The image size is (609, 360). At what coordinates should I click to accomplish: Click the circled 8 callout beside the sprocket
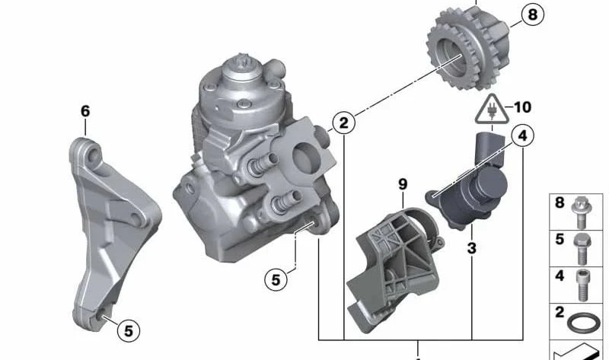[531, 14]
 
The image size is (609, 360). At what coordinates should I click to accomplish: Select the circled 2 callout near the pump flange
[343, 122]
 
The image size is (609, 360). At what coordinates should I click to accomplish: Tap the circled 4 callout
[521, 137]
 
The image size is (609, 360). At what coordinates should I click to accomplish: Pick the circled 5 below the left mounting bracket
[128, 330]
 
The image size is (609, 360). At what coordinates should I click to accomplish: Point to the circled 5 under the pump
[277, 280]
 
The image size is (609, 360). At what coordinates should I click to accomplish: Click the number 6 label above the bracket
[85, 112]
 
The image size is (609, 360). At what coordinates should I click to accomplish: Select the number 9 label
[403, 184]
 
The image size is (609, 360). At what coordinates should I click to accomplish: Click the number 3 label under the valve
[471, 248]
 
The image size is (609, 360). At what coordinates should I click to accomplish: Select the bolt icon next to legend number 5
[582, 246]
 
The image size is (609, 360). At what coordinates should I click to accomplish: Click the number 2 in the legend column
[560, 313]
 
